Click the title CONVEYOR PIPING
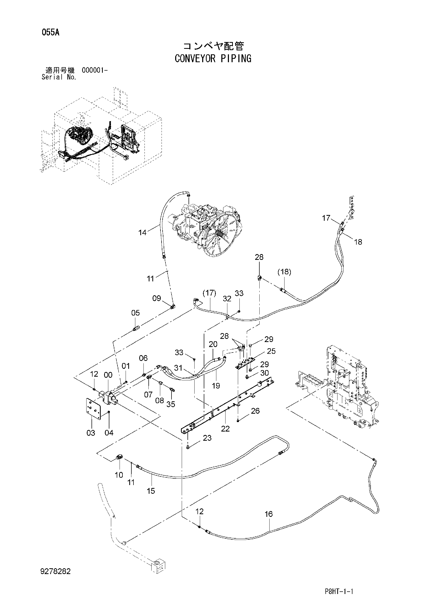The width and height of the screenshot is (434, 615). tap(213, 58)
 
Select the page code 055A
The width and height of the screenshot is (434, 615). tap(50, 33)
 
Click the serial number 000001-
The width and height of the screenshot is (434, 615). tap(95, 70)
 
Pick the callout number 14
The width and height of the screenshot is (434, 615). tap(142, 233)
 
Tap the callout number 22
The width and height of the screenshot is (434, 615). tap(225, 429)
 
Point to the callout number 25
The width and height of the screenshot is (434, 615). tap(271, 351)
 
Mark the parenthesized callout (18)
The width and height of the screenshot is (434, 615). tap(284, 272)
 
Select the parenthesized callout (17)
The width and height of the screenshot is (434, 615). tap(209, 293)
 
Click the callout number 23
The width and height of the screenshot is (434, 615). tap(207, 438)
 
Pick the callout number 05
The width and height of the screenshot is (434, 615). tap(136, 313)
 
